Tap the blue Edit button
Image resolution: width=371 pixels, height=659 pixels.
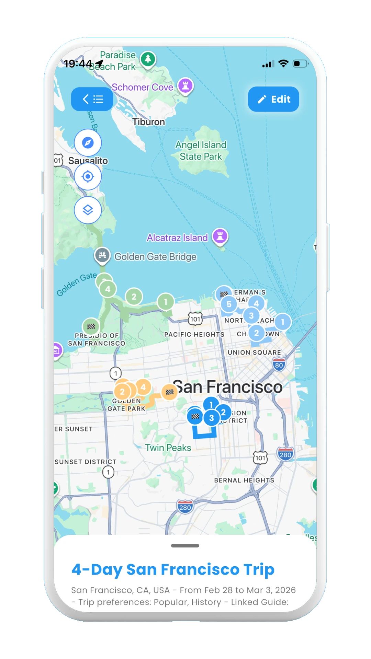coord(273,99)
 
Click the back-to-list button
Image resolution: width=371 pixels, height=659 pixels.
coord(92,99)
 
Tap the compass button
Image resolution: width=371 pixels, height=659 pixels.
coord(88,142)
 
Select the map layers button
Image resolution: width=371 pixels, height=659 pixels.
coord(88,210)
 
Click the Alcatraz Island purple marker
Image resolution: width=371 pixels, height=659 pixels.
coord(220,236)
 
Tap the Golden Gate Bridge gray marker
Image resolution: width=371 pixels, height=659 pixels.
coord(102,255)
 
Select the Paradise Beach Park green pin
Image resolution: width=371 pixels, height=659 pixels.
coord(148,59)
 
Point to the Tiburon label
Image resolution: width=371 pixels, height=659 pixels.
coord(148,122)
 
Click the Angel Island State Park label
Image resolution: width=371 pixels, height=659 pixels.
coord(201,151)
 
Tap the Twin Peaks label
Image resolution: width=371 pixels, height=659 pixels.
coord(168,448)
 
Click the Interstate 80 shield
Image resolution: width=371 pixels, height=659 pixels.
coord(279,365)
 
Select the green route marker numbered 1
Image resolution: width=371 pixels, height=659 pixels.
coord(166,302)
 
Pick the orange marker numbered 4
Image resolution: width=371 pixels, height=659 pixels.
coord(143,387)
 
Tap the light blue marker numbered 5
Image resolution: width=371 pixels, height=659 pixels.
coord(229,304)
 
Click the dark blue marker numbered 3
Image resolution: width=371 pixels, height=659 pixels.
coord(212,418)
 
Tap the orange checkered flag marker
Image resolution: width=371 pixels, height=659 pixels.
coord(169,392)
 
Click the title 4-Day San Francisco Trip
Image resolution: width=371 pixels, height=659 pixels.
coord(173,569)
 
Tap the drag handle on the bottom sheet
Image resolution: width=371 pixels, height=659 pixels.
coord(185,546)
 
